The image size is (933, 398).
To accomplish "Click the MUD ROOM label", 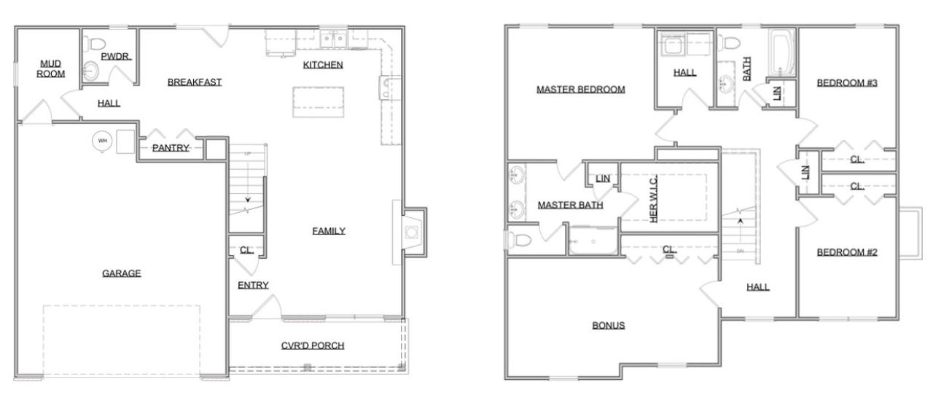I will coord(51,69).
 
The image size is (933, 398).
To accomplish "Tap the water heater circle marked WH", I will coord(101,141).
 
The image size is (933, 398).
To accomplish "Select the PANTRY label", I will coord(171,148).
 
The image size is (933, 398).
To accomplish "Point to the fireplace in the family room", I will coord(412,233).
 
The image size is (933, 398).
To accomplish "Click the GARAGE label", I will coord(122,273).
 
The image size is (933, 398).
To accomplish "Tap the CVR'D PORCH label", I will coord(313,346).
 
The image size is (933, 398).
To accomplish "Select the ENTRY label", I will coord(253,285).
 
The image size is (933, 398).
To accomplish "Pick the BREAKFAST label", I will coord(195,82).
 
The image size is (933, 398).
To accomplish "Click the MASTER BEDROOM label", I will coord(581,90).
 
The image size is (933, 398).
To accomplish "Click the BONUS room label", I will coord(608,325).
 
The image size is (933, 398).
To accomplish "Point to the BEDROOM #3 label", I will coord(846,82).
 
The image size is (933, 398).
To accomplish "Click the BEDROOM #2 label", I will coord(846,252).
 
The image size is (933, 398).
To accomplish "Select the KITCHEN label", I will coord(323,64).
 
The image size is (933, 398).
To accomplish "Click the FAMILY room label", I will coord(329,231).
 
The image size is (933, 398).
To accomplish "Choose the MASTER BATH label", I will coord(570,205).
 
